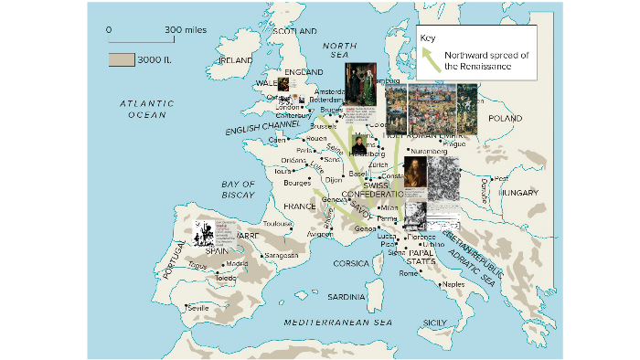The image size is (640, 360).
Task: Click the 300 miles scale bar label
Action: (x=186, y=30)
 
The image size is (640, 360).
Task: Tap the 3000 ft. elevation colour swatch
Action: (x=121, y=59)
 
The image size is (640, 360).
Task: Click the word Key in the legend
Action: (x=428, y=37)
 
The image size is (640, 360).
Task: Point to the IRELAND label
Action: (x=235, y=59)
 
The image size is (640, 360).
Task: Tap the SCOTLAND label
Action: (x=293, y=30)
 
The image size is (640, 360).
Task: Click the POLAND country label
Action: (x=505, y=119)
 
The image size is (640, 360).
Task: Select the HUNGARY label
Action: (x=520, y=194)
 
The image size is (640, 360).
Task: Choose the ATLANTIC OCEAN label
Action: (x=146, y=110)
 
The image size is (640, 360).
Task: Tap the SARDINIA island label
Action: (x=347, y=297)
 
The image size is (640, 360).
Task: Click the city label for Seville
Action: (x=197, y=308)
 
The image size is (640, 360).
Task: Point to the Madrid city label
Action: (x=237, y=264)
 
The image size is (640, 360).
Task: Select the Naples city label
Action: (x=453, y=284)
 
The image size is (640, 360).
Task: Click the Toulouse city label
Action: (x=277, y=223)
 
